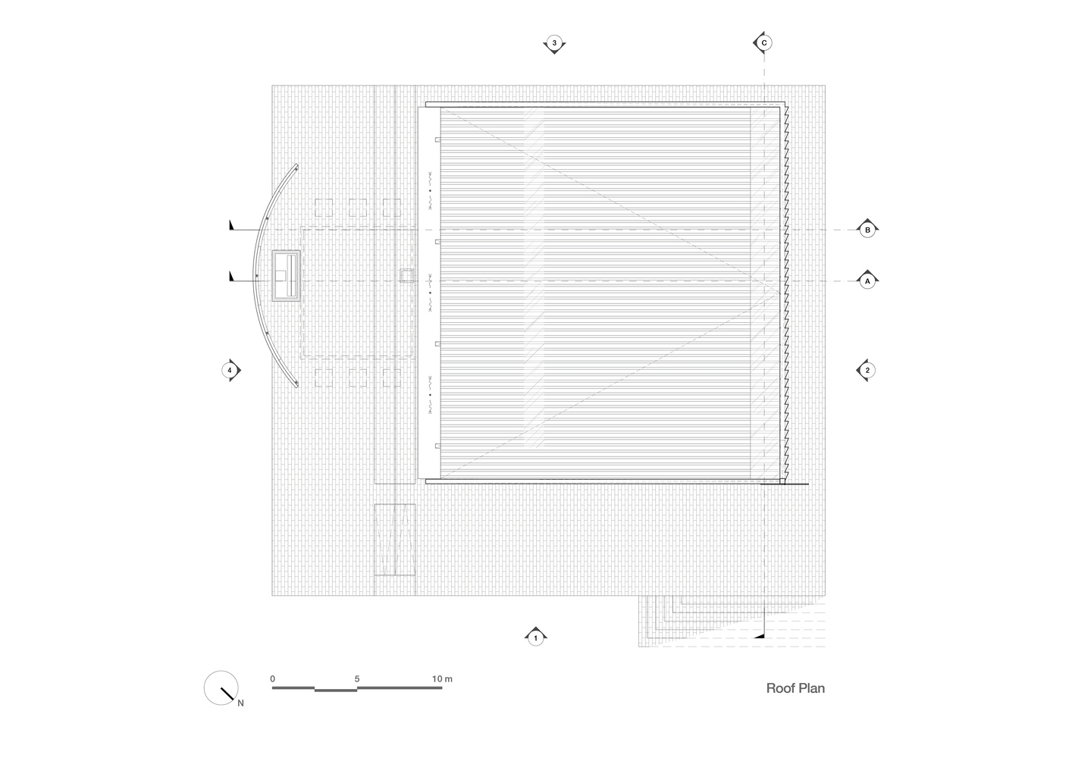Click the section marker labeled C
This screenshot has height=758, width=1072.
pyautogui.click(x=763, y=43)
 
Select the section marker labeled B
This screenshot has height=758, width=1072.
pyautogui.click(x=867, y=230)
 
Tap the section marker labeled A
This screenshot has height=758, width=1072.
pyautogui.click(x=867, y=281)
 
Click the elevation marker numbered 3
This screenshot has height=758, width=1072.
pyautogui.click(x=554, y=43)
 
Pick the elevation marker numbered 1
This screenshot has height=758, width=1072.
pyautogui.click(x=535, y=637)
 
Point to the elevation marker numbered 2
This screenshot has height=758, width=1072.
pyautogui.click(x=867, y=370)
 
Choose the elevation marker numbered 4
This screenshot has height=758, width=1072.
pyautogui.click(x=230, y=370)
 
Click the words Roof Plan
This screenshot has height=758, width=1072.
pyautogui.click(x=795, y=688)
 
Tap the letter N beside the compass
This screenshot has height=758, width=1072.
pyautogui.click(x=241, y=703)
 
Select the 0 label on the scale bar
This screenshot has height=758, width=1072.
pyautogui.click(x=272, y=678)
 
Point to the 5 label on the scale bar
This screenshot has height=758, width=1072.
pyautogui.click(x=357, y=678)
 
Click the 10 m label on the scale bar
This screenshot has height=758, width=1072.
pyautogui.click(x=442, y=678)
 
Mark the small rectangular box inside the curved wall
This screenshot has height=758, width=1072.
pyautogui.click(x=286, y=276)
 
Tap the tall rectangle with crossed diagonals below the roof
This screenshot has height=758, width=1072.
pyautogui.click(x=395, y=539)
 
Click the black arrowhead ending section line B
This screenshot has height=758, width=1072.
pyautogui.click(x=232, y=225)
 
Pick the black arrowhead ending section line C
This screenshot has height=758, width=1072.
pyautogui.click(x=759, y=636)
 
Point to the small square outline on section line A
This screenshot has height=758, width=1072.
pyautogui.click(x=406, y=275)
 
